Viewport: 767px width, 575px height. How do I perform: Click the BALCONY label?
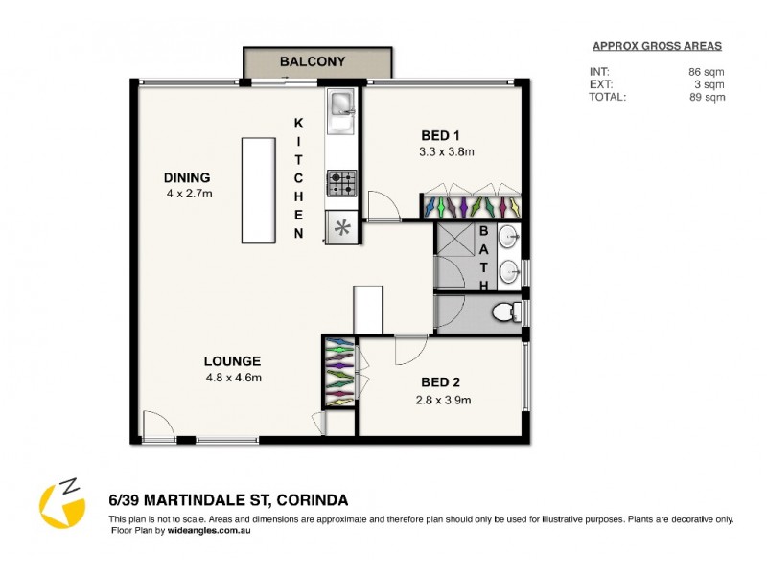tap(313, 62)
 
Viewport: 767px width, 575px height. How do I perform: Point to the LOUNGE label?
tap(232, 361)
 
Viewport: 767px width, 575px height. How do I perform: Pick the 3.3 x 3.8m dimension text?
tap(446, 151)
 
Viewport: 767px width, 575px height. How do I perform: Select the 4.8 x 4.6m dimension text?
tap(232, 378)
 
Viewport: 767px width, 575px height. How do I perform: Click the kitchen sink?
tap(341, 106)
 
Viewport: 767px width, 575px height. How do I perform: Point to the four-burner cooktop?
tap(342, 181)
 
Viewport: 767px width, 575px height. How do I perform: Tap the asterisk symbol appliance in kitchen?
tap(342, 228)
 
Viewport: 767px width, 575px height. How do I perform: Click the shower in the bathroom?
tap(454, 256)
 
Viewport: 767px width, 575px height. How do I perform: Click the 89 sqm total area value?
tap(709, 97)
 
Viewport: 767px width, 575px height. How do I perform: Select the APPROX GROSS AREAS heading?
tap(656, 46)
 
